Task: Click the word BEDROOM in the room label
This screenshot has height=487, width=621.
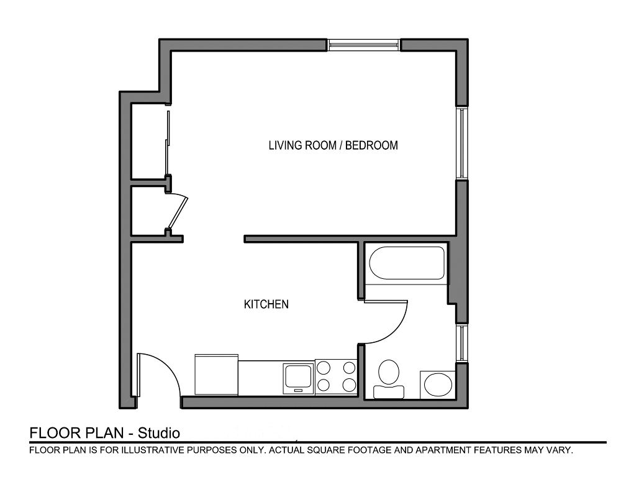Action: (371, 145)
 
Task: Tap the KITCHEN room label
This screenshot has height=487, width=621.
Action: (266, 304)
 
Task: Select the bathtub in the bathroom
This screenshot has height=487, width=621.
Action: (407, 263)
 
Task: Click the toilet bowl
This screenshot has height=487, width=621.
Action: (389, 371)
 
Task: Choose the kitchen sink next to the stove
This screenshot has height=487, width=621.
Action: (299, 378)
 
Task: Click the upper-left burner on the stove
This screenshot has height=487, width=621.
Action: (324, 368)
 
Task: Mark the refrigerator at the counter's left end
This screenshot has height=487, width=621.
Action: (217, 375)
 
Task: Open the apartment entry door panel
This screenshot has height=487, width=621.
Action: (138, 375)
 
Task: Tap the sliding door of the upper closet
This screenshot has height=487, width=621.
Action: (169, 143)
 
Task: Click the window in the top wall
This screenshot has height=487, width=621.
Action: (364, 45)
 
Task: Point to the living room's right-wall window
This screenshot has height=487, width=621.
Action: (462, 143)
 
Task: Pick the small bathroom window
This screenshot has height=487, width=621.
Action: (462, 344)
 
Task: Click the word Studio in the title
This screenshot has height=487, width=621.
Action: (158, 433)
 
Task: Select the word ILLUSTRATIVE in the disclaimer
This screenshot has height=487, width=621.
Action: (153, 450)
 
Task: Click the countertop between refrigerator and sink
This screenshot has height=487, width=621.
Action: (261, 378)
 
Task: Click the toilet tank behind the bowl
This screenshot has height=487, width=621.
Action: (389, 391)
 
